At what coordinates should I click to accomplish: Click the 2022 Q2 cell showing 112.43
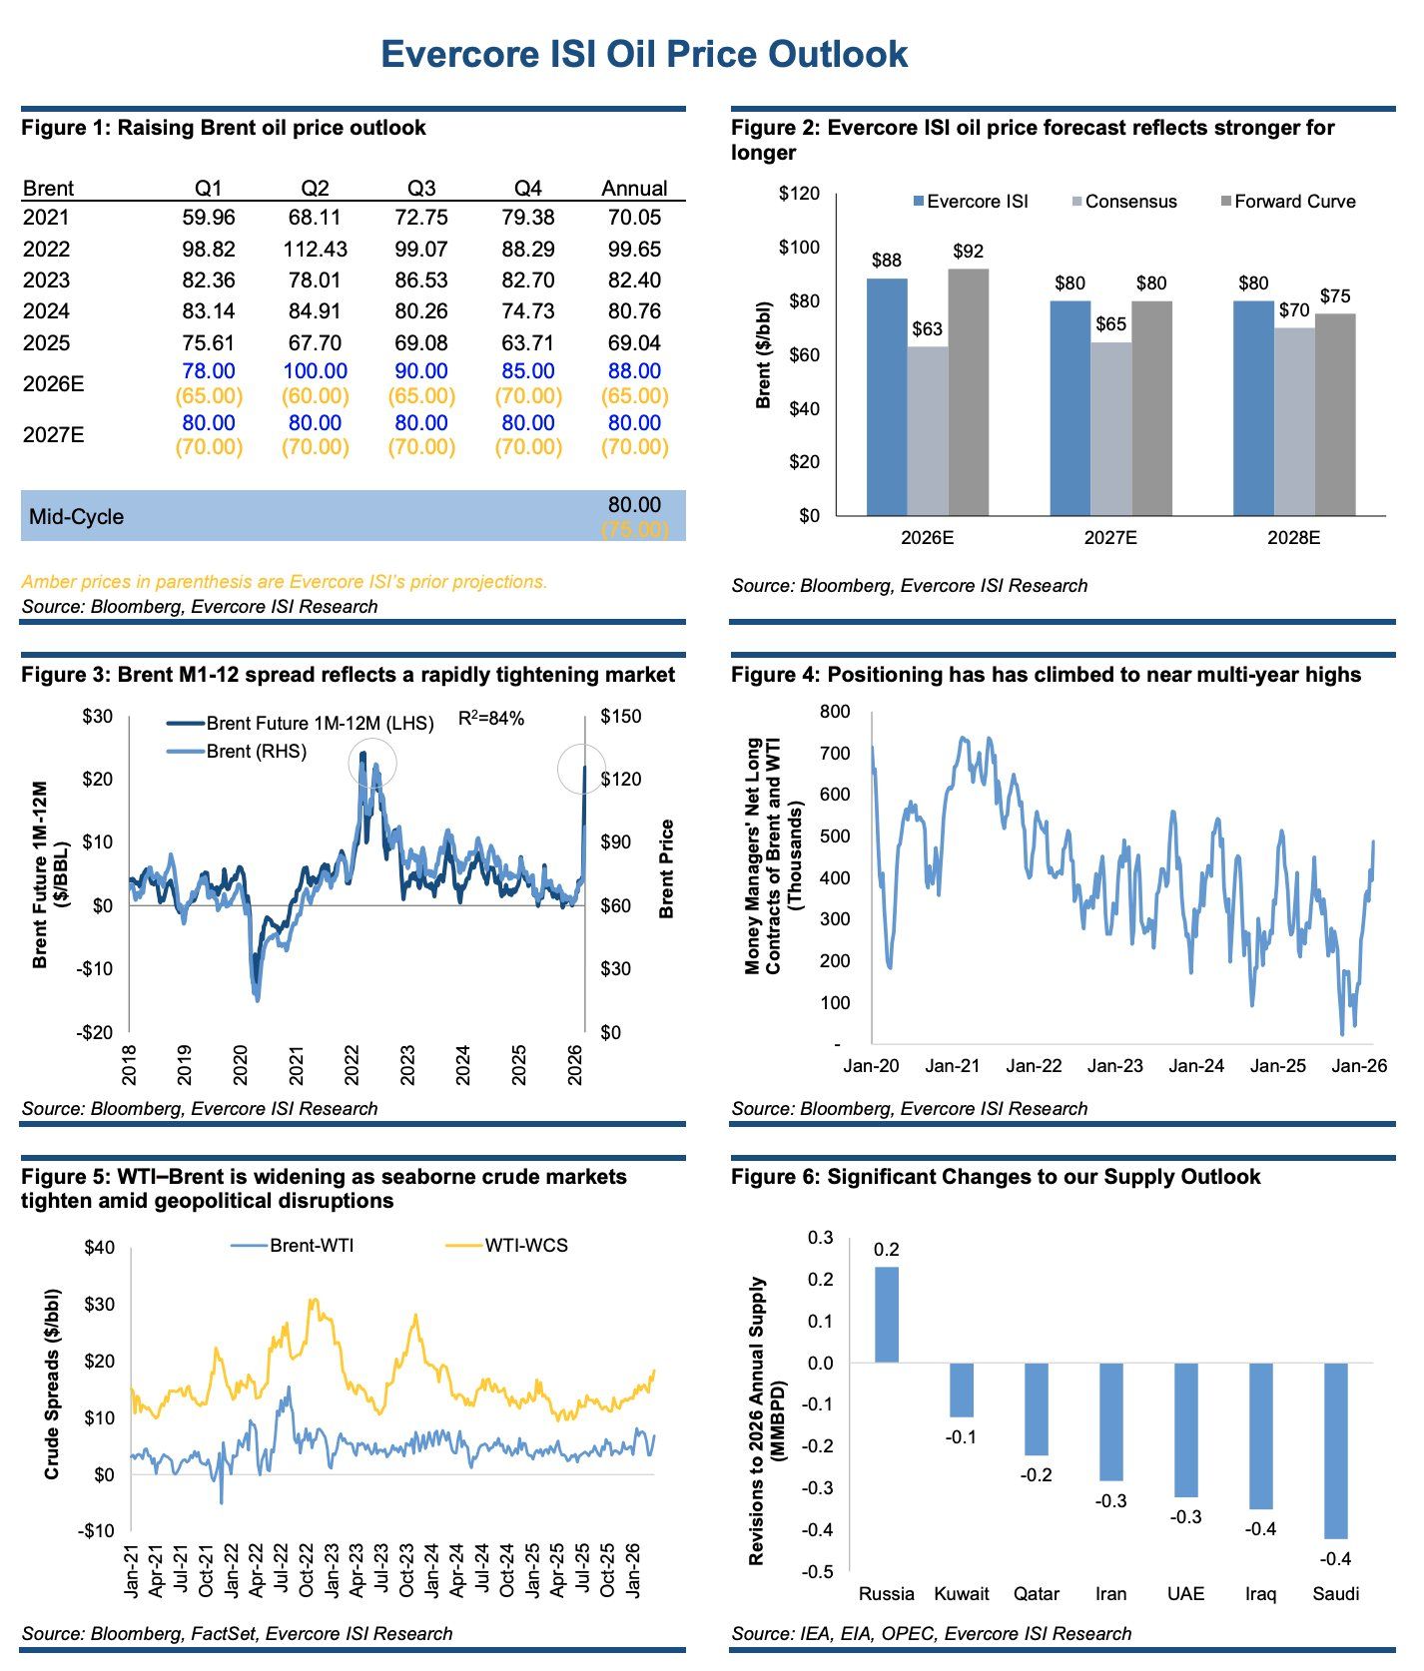coord(315,249)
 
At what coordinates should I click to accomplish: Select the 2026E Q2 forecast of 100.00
coord(315,371)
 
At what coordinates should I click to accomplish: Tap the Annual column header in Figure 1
coord(634,189)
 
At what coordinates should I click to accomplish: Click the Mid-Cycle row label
coord(77,517)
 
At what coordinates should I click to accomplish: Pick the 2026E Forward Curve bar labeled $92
coord(968,391)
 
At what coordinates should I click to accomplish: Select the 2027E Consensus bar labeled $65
coord(1110,428)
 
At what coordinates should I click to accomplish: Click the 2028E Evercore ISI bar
coord(1253,407)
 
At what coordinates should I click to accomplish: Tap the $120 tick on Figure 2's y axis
coord(799,194)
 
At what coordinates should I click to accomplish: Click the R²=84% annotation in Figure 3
coord(490,718)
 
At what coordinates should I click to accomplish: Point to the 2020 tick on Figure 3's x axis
coord(241,1065)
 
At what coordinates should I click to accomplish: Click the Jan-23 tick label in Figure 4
coord(1114,1066)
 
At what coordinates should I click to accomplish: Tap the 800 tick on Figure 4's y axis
coord(834,712)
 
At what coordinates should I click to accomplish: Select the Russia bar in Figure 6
coord(887,1315)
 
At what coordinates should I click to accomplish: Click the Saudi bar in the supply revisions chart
coord(1335,1450)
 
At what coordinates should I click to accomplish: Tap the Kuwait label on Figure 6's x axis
coord(961,1594)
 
